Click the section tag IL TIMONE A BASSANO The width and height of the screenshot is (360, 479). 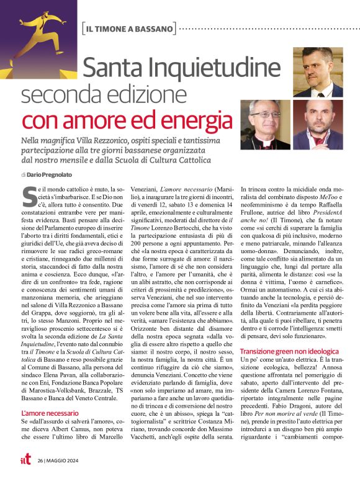128,29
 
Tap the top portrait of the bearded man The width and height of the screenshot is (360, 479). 318,73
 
